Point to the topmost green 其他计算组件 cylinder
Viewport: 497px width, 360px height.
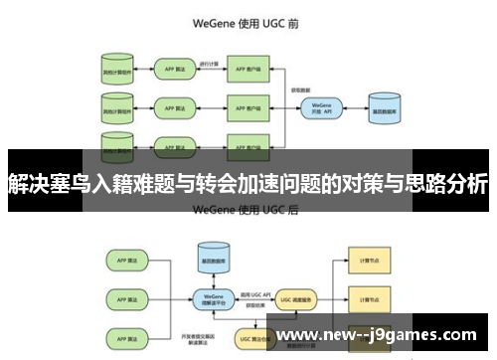point(116,70)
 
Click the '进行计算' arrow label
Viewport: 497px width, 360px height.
point(210,63)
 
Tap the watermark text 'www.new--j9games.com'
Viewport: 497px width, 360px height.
point(380,335)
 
